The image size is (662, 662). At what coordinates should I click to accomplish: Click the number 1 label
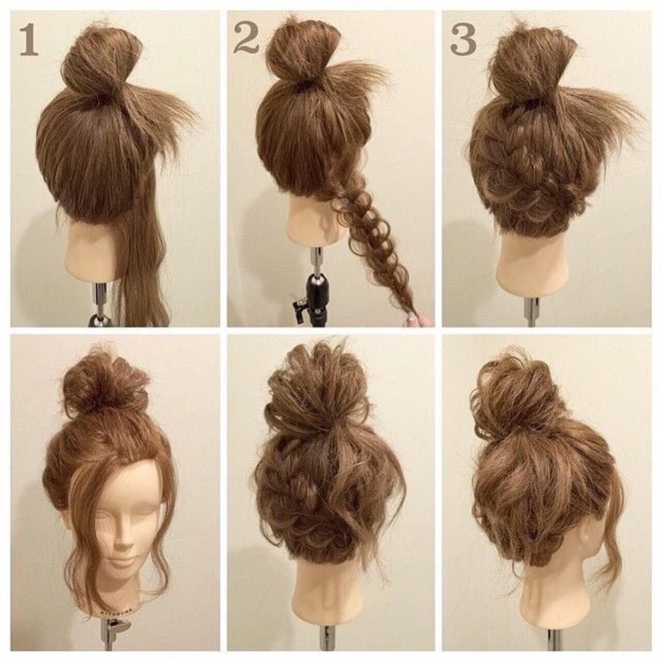tap(29, 40)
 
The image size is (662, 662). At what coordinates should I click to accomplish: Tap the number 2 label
tap(246, 38)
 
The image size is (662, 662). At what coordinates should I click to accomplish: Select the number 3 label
tap(463, 39)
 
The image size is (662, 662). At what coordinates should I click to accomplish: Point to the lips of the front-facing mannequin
tap(123, 562)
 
